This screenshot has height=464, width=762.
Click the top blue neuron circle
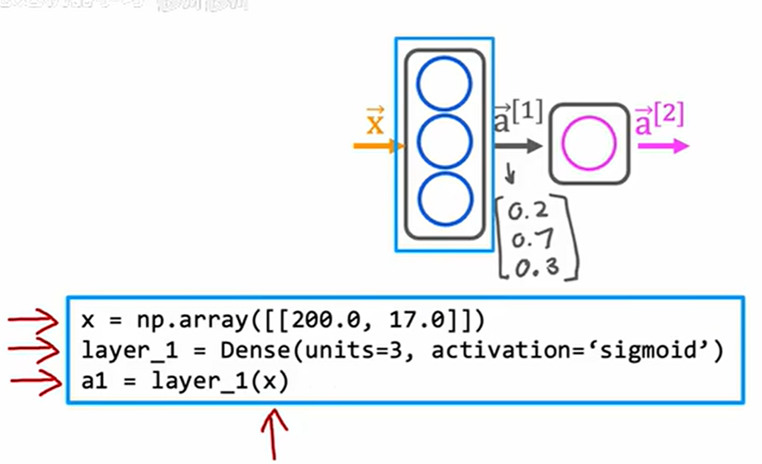[x=444, y=85]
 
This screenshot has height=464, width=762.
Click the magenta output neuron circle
[x=589, y=144]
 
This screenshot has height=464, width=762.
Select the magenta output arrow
[x=662, y=146]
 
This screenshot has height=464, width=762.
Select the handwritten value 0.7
[x=533, y=240]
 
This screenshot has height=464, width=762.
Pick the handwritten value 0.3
[x=536, y=268]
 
